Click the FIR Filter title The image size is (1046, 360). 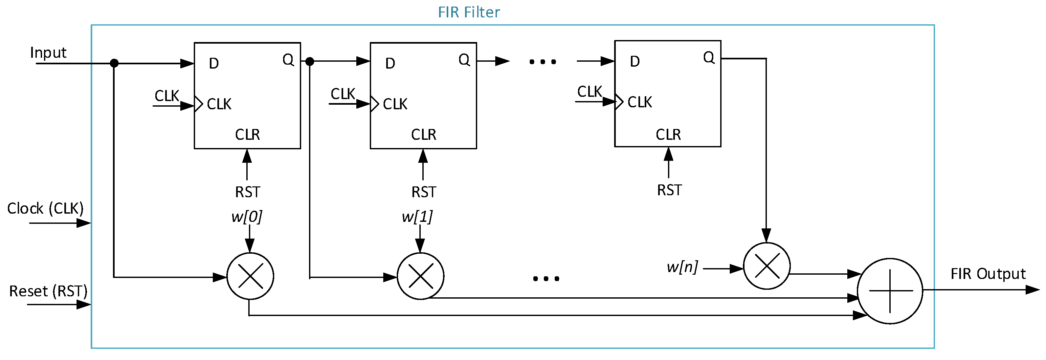click(469, 12)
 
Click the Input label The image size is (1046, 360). click(48, 53)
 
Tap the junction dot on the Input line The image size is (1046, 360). click(114, 63)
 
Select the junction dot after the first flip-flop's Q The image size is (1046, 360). click(310, 62)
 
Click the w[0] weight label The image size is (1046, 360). click(247, 216)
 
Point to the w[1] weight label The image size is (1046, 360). click(417, 216)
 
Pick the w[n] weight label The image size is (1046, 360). click(682, 267)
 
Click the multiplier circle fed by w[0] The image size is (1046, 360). click(250, 276)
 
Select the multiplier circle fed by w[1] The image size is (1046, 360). click(420, 276)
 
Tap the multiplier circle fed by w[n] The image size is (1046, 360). click(767, 266)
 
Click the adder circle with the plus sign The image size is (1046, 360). click(890, 291)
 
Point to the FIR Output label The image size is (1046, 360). click(988, 274)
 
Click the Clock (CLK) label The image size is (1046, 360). click(45, 209)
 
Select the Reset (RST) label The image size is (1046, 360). click(48, 291)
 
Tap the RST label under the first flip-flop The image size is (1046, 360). click(247, 192)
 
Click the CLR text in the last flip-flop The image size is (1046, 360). click(668, 134)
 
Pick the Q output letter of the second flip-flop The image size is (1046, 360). click(464, 60)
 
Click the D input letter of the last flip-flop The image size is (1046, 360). click(635, 62)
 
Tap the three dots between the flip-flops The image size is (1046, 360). click(543, 62)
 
